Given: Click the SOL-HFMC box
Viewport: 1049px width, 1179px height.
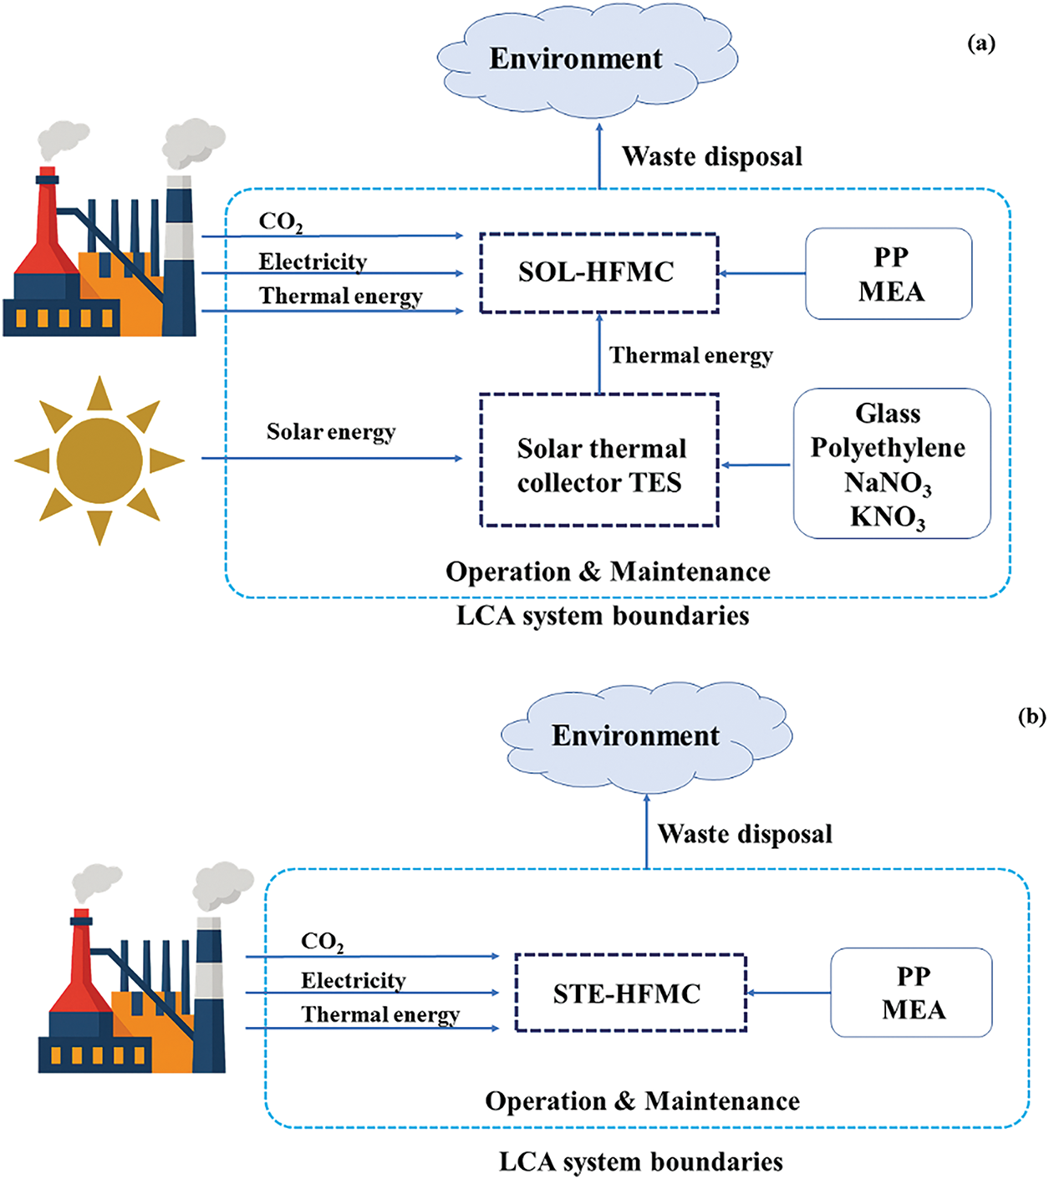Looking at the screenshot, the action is [599, 273].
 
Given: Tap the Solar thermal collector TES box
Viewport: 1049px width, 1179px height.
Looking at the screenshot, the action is [599, 460].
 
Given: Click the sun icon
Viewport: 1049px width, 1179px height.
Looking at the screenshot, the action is [99, 460].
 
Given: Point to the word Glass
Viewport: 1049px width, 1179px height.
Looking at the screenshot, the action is [888, 414].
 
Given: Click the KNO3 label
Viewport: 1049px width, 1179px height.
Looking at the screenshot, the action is [888, 516].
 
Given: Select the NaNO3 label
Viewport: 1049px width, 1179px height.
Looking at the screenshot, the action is [888, 483].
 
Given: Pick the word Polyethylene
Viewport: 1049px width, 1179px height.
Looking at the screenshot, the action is [888, 448].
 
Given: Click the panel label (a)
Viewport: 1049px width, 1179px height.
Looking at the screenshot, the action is [981, 44].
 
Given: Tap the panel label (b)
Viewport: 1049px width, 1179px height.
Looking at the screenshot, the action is [1032, 716].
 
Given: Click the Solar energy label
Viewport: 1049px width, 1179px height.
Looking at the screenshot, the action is [331, 432].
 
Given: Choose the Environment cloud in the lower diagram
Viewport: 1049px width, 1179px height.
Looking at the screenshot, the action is [646, 737].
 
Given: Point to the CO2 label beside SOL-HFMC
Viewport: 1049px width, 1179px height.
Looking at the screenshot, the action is [281, 221].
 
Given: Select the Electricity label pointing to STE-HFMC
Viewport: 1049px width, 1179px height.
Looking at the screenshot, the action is [354, 981].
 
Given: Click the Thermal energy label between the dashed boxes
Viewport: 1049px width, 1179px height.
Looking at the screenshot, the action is [691, 356].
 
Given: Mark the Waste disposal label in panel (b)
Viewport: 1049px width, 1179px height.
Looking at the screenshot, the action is [745, 834].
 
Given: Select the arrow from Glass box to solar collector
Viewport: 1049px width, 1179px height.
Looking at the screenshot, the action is [756, 465].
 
